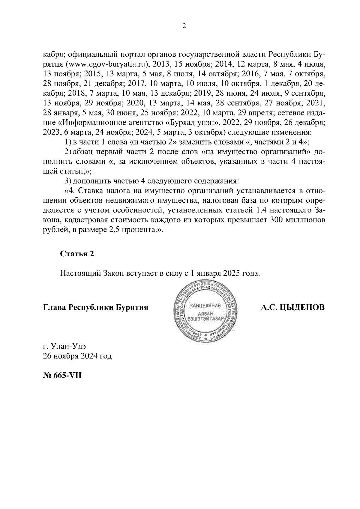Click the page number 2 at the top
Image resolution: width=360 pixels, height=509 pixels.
click(184, 26)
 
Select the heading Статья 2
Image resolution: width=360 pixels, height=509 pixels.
click(77, 254)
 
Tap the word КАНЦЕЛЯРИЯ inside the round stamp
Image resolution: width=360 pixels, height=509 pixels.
click(205, 305)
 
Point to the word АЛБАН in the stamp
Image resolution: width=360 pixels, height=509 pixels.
click(205, 313)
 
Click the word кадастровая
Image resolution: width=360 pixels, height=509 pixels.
click(84, 220)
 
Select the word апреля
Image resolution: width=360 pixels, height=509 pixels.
click(259, 113)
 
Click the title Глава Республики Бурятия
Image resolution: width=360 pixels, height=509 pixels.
click(96, 308)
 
